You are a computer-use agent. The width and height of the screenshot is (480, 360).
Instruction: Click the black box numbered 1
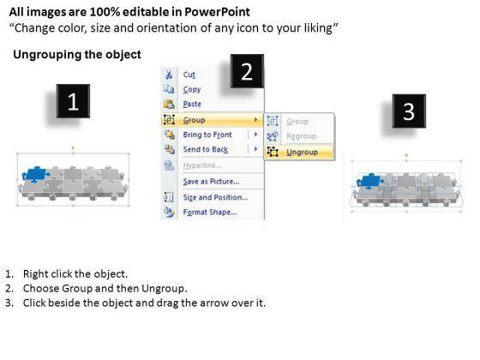tap(73, 101)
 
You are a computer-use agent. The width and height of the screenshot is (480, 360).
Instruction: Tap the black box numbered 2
tap(247, 71)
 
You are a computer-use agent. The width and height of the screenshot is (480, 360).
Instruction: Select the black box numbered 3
tap(409, 111)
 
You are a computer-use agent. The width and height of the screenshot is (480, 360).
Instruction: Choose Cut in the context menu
tap(189, 75)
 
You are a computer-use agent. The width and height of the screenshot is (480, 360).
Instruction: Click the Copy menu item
tap(192, 89)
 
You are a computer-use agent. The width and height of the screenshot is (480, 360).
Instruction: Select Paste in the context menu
tap(192, 104)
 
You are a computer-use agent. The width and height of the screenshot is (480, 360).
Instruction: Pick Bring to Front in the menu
tap(207, 135)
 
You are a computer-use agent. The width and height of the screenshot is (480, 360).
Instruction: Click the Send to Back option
tap(206, 149)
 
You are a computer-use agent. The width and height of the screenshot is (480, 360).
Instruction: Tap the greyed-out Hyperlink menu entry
tap(202, 165)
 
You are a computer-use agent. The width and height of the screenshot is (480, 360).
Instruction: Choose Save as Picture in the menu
tap(211, 182)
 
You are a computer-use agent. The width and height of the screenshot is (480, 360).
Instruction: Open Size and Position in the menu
tap(215, 197)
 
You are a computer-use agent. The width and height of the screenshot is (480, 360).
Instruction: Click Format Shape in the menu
tap(210, 213)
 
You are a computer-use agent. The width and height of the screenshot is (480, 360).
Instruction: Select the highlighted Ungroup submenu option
tap(302, 153)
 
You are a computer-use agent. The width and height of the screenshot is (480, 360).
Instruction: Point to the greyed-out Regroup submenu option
tap(301, 136)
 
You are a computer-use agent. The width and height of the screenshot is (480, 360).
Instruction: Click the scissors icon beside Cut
tap(169, 75)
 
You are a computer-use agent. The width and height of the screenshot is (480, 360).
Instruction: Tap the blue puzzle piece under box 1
tap(35, 175)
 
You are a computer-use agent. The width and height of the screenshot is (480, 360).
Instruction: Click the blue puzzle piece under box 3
tap(370, 181)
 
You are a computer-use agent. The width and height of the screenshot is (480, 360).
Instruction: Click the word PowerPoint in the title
tap(218, 12)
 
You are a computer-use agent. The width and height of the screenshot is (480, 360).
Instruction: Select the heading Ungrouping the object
tap(77, 55)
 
